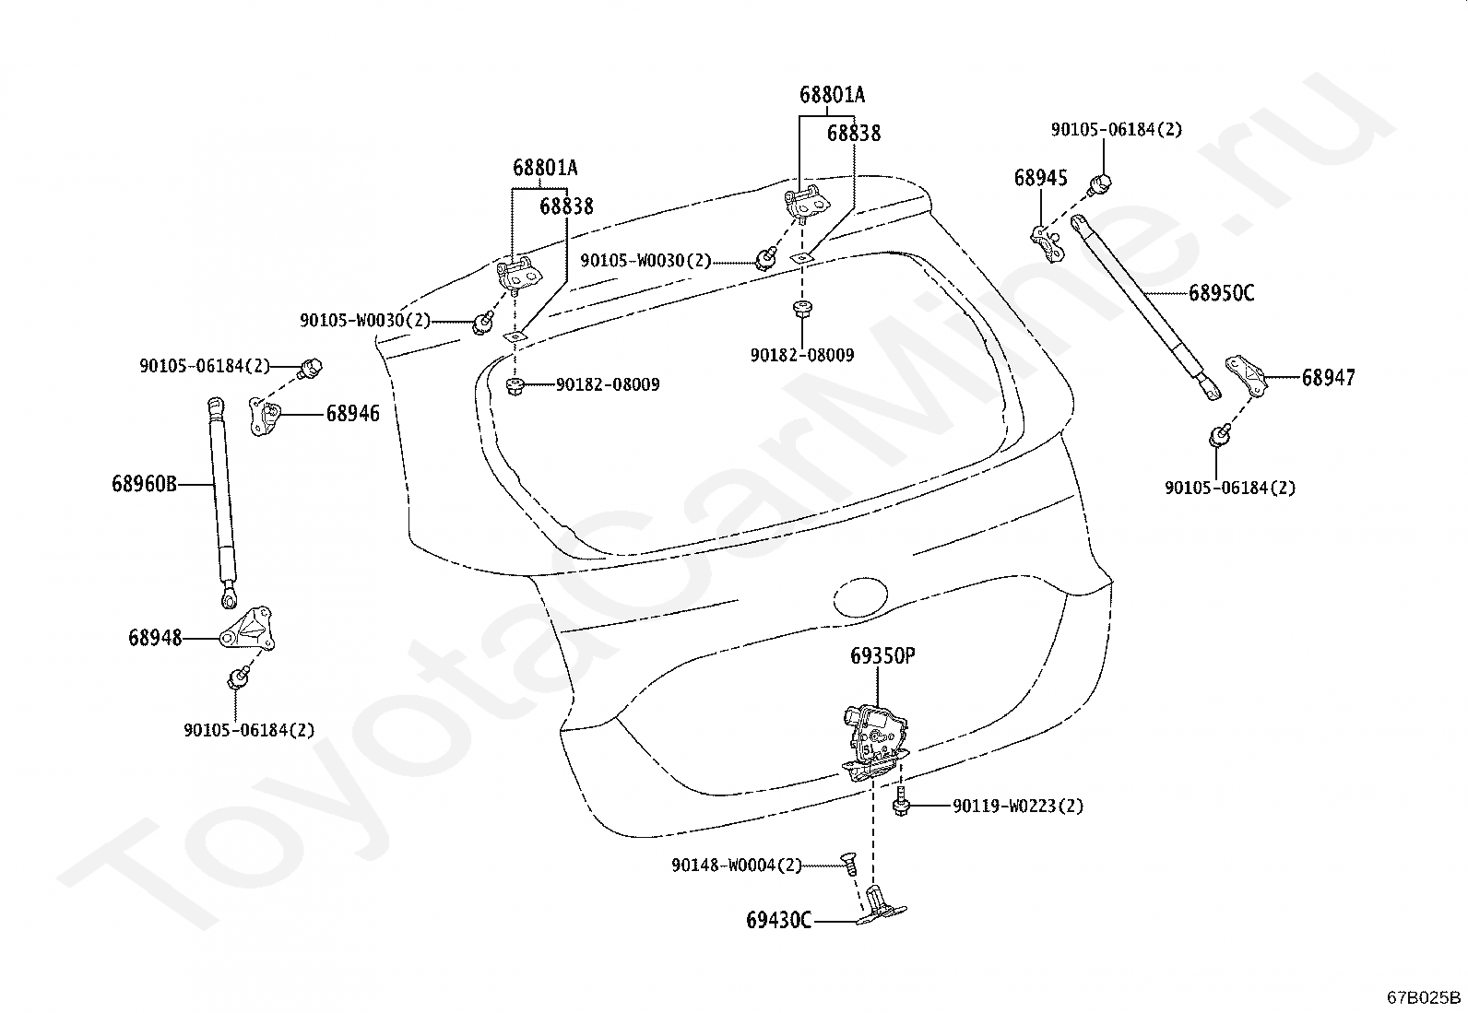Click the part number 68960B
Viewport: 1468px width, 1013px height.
[x=144, y=484]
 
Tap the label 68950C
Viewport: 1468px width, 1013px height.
[x=1222, y=293]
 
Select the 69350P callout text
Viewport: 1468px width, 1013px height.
[x=882, y=656]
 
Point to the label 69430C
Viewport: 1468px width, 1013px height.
[x=778, y=921]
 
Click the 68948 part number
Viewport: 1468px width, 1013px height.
[x=155, y=638]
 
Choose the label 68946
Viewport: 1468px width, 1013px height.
[x=352, y=414]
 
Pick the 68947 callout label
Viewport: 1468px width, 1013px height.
[x=1329, y=377]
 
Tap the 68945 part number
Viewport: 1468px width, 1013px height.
[x=1041, y=178]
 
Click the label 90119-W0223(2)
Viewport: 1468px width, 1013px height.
[x=1018, y=806]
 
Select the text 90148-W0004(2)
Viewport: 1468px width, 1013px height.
[x=738, y=866]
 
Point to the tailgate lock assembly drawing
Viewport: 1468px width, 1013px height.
[x=876, y=742]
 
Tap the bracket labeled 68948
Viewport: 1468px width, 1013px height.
[x=247, y=630]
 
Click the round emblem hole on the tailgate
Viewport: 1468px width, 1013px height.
[x=860, y=597]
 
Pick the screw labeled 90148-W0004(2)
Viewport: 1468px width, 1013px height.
[x=848, y=863]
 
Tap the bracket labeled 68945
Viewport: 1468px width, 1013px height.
[x=1048, y=243]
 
